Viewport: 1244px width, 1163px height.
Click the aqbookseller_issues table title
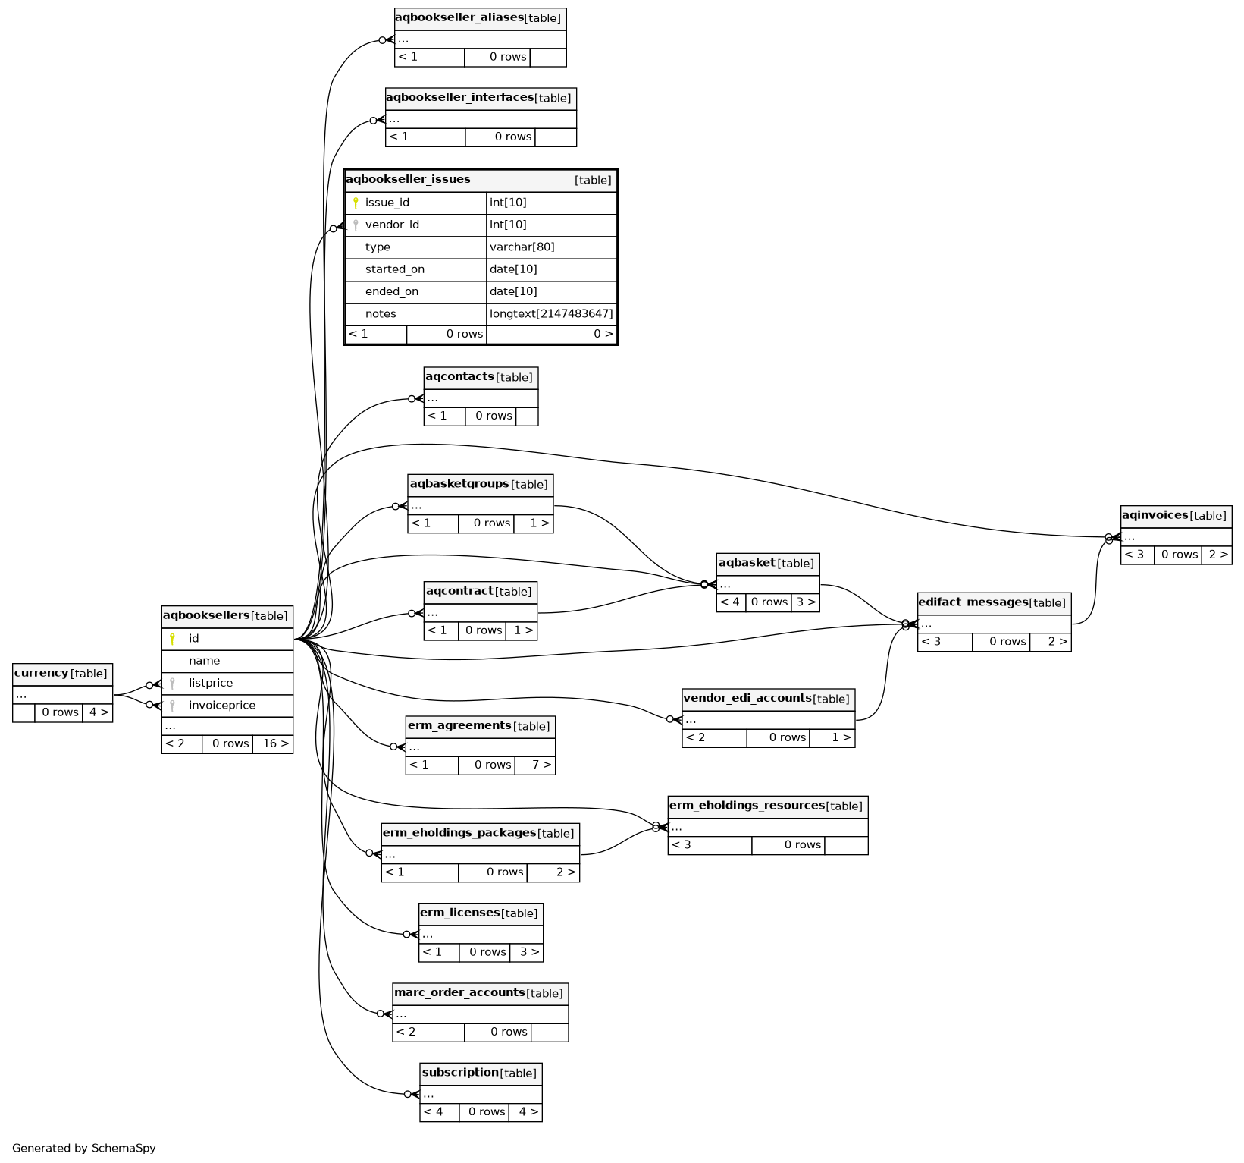tap(408, 180)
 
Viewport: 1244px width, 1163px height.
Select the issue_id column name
tap(387, 203)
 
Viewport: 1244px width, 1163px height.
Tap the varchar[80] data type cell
tap(522, 247)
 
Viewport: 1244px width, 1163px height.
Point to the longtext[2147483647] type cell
tap(551, 314)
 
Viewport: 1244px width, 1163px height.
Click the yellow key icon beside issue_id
tap(356, 203)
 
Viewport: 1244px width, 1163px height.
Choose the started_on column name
tap(394, 269)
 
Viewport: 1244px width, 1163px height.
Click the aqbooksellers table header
tap(206, 616)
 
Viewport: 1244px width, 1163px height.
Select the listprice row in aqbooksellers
tap(211, 684)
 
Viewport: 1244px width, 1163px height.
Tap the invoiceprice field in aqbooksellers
tap(221, 706)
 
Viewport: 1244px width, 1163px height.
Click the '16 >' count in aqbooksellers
tap(275, 744)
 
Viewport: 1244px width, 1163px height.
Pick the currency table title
tap(42, 674)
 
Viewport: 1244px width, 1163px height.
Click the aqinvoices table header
tap(1156, 516)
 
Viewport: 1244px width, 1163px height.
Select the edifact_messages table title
tap(973, 603)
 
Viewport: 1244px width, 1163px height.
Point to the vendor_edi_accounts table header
tap(747, 699)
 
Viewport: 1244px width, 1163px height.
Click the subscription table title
tap(460, 1073)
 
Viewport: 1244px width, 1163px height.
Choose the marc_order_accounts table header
tap(459, 993)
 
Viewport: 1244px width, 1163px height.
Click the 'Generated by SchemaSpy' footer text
tap(84, 1149)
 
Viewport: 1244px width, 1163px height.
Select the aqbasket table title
tap(747, 563)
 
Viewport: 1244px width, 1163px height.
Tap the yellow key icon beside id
tap(172, 639)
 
